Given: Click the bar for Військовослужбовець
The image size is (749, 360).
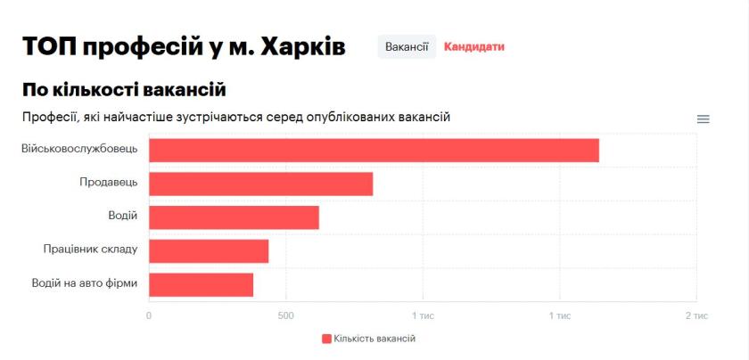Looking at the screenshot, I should (x=374, y=151).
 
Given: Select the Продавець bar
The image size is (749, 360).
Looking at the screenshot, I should (x=260, y=184).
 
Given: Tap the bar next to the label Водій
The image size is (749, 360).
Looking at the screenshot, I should (x=234, y=217).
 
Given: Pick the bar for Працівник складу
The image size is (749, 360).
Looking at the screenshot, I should (x=209, y=251).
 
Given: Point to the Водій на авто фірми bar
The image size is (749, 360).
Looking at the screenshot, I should (x=201, y=284).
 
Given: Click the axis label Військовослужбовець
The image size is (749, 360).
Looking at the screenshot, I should (x=79, y=148).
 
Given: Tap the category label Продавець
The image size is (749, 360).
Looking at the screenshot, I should (x=108, y=182).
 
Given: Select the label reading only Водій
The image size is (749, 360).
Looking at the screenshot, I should (x=122, y=216).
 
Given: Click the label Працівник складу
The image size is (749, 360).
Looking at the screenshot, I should (x=90, y=250).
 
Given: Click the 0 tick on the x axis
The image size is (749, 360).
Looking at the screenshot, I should (x=149, y=315).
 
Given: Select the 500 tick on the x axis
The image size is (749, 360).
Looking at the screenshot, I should (x=285, y=315).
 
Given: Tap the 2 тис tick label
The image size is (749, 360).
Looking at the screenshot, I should (x=695, y=315).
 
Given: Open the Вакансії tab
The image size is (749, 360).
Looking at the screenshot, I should (x=407, y=46).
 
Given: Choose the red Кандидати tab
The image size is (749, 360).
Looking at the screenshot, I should (x=473, y=46).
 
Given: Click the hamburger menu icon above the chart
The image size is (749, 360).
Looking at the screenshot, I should (x=703, y=119).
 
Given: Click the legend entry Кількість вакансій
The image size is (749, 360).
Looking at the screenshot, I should (x=368, y=339).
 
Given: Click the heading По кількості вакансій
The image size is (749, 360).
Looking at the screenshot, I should (x=124, y=89).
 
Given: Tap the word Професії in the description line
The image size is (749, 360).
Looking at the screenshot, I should (x=51, y=117).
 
